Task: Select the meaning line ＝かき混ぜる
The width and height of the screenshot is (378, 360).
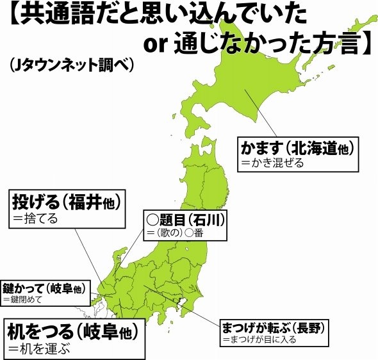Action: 272,163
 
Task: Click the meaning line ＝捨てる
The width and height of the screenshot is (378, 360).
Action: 36,218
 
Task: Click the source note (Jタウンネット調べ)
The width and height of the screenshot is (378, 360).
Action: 70,65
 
